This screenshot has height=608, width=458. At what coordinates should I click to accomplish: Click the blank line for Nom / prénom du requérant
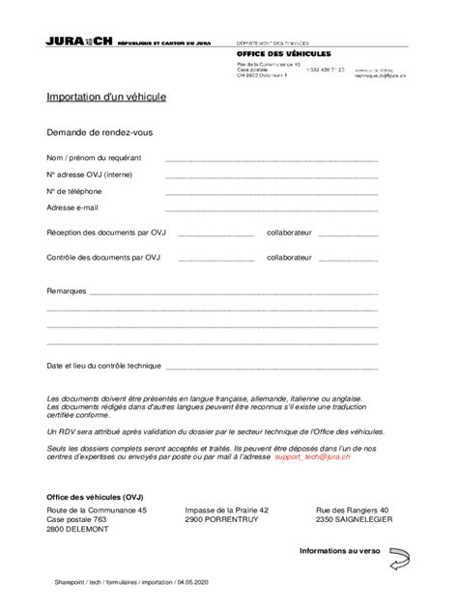pos(272,159)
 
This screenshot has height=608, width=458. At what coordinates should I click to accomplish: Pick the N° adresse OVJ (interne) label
pos(90,175)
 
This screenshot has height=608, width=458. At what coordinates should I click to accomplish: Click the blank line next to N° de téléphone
pos(272,193)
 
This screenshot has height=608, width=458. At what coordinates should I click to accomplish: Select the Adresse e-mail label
pos(72,207)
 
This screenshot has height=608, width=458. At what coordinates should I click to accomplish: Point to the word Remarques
pos(67,290)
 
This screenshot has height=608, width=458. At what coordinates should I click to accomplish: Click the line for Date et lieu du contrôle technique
pos(272,369)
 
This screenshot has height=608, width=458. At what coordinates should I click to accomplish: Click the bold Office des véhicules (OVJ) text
pos(95,496)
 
